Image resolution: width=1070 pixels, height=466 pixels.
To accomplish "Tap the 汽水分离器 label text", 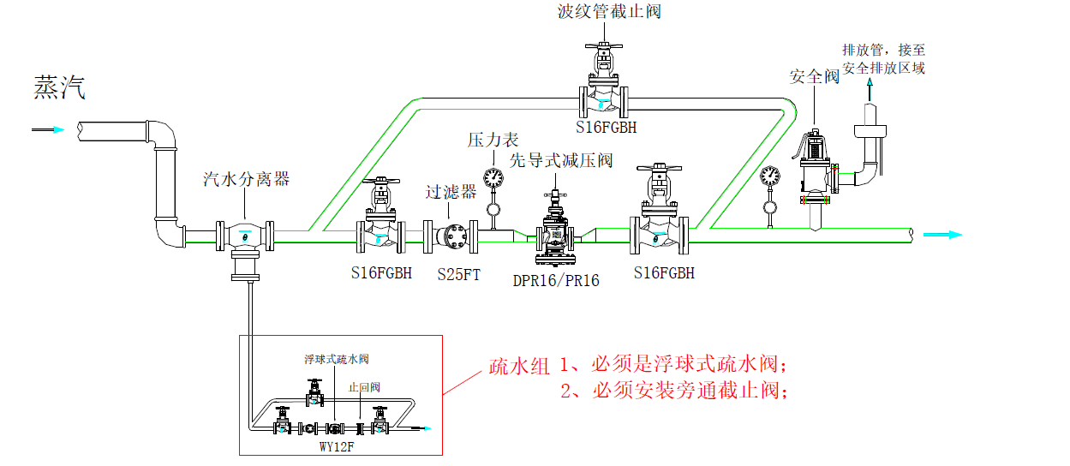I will [x=246, y=179].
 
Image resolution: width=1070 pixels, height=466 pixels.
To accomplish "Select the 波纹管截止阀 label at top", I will [x=608, y=12].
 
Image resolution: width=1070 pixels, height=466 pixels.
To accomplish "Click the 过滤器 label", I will [x=451, y=192].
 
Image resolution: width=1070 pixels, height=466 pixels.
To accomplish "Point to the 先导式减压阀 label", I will [x=561, y=160].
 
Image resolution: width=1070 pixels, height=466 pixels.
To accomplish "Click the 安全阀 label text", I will [x=814, y=77].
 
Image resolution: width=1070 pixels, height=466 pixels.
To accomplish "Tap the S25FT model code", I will [x=459, y=276].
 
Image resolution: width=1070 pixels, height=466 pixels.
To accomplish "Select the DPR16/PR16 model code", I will [x=556, y=280].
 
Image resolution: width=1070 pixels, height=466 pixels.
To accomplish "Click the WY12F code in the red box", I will [x=337, y=446].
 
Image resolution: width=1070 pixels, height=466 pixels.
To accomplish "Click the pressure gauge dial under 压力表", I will [x=493, y=177].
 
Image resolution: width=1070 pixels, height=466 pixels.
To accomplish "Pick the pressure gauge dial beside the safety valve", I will [x=769, y=176].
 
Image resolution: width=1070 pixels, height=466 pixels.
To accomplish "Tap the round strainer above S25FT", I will [x=455, y=236].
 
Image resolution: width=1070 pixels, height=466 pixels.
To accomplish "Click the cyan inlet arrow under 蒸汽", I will [x=50, y=129].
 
